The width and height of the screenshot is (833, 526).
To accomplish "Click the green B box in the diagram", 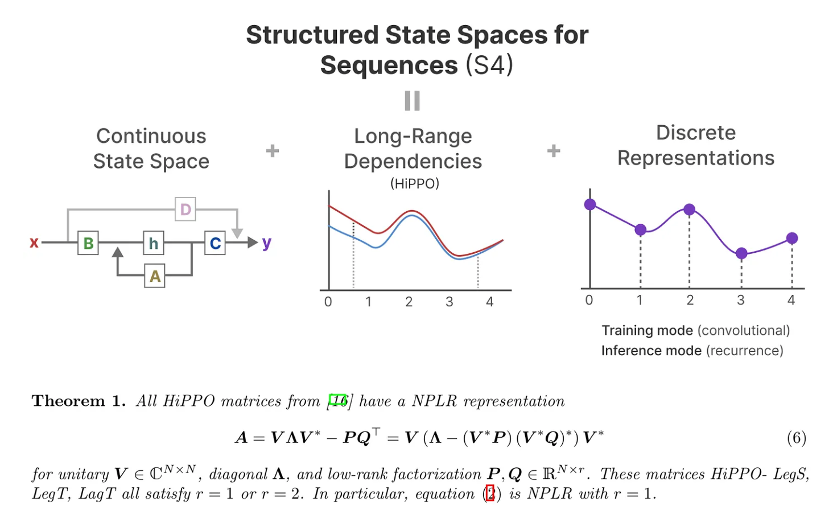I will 88,243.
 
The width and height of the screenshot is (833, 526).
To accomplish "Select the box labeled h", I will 154,243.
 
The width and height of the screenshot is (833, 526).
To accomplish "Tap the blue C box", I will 215,243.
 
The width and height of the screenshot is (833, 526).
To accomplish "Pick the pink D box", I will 185,209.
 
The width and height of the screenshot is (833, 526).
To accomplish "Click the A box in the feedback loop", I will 155,276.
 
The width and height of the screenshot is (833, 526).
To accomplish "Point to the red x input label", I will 34,243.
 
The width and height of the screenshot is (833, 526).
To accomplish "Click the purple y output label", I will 267,243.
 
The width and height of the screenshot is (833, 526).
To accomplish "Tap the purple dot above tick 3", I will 741,253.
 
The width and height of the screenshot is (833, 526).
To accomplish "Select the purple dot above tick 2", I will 689,209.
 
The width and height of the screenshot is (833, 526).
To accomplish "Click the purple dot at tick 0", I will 590,204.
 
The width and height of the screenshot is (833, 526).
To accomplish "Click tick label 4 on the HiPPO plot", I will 489,302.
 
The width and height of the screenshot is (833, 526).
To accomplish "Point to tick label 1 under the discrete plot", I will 640,300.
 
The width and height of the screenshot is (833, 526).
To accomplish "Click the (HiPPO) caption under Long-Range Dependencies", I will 414,184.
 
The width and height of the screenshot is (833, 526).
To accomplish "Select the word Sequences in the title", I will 389,65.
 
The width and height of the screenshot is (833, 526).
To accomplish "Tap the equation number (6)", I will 797,438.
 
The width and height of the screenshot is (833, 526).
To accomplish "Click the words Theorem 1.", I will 79,401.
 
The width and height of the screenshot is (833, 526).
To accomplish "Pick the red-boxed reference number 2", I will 490,494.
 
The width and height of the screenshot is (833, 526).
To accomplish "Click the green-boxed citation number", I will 338,401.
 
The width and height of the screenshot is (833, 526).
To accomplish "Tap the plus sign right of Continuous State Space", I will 273,151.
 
